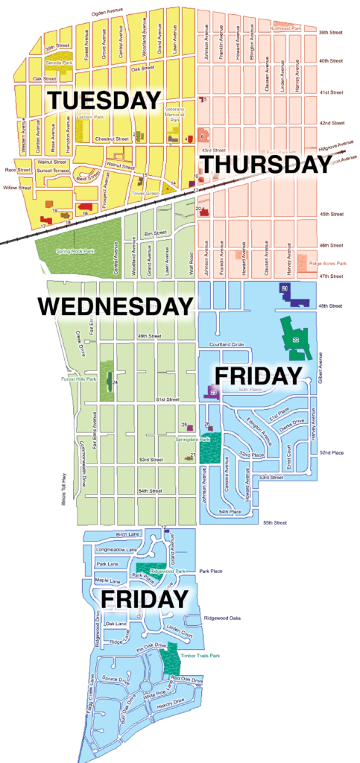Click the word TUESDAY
104,100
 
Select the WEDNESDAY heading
116,305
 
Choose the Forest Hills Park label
80,379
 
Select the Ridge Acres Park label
328,263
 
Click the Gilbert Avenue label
320,347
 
